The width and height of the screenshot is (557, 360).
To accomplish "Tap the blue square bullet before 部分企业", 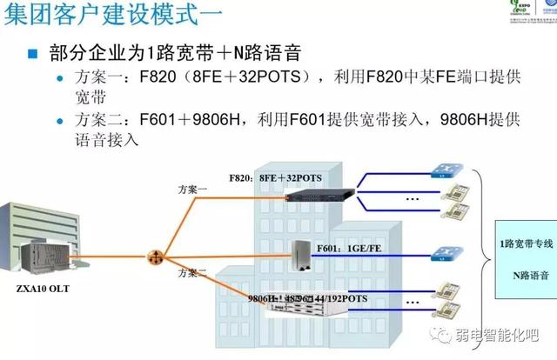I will pos(33,53).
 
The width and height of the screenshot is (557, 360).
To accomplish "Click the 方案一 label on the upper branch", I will pos(192,188).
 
